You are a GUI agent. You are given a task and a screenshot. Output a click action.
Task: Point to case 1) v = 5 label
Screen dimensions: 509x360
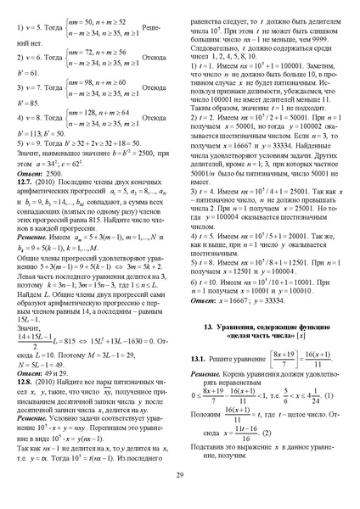[34, 31]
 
